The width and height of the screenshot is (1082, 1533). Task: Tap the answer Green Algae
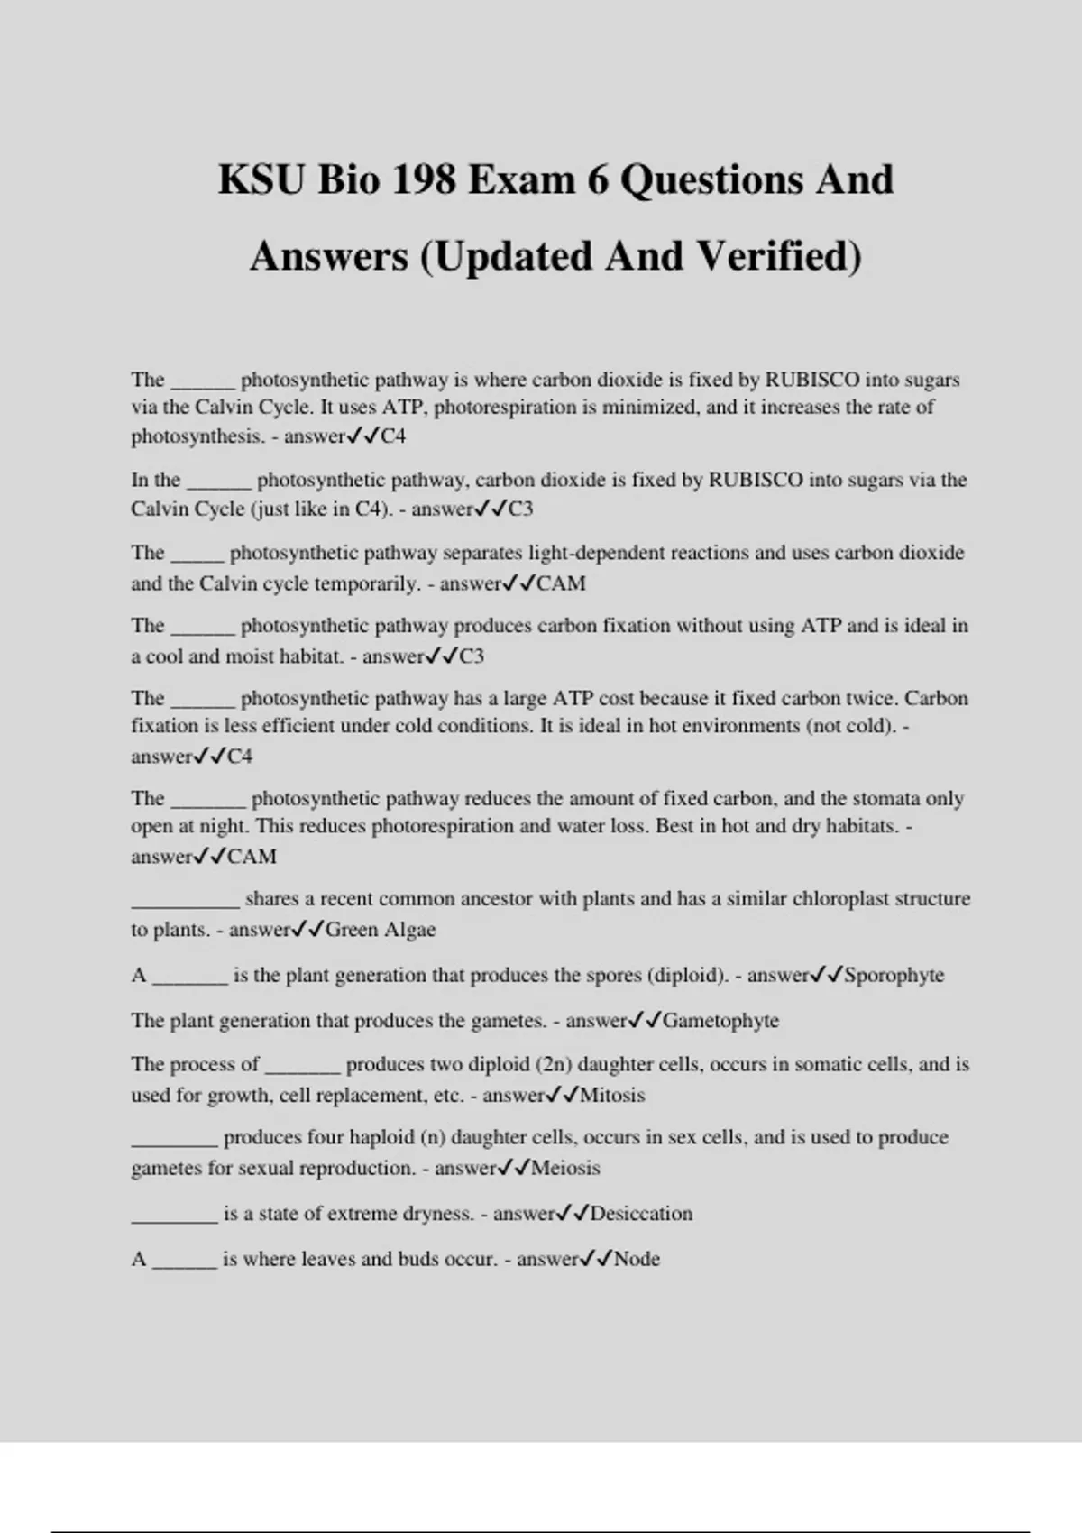point(381,930)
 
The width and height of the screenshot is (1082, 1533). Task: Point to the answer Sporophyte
point(894,975)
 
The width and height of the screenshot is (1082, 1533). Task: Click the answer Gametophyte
point(720,1021)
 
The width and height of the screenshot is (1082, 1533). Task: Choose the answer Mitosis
point(612,1096)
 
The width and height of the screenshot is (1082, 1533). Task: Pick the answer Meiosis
point(565,1169)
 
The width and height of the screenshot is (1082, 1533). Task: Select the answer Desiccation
point(641,1214)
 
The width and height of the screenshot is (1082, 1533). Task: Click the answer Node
point(637,1259)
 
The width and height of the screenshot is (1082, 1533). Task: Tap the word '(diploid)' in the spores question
point(687,975)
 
